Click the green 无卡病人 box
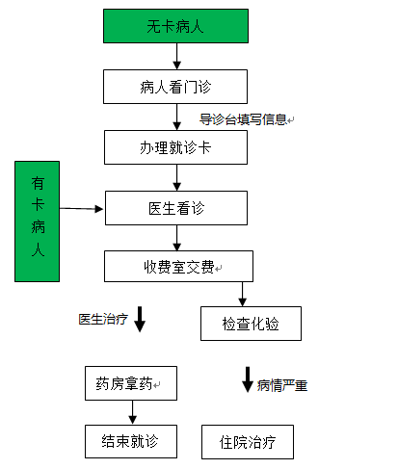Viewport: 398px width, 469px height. click(x=175, y=26)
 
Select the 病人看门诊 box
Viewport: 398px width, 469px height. click(x=175, y=87)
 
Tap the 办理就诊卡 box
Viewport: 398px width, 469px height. click(x=175, y=147)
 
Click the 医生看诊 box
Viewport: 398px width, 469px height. click(x=176, y=208)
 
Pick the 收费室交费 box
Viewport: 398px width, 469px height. click(x=178, y=267)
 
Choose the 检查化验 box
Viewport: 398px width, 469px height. click(x=251, y=324)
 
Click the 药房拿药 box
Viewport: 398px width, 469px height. click(x=131, y=383)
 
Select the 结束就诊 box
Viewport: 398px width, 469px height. click(x=131, y=441)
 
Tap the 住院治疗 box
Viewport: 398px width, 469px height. click(x=248, y=442)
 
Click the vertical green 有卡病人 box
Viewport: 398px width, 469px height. click(x=38, y=221)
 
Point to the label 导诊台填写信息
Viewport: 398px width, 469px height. click(x=243, y=119)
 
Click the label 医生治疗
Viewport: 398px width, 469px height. click(x=103, y=319)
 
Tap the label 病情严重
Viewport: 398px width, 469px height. click(x=282, y=385)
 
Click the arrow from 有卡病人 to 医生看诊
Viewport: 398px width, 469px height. click(x=81, y=209)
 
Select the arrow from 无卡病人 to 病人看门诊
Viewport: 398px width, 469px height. click(x=176, y=56)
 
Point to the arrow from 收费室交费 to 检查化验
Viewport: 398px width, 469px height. click(x=243, y=295)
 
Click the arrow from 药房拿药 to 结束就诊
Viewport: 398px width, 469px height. click(x=133, y=412)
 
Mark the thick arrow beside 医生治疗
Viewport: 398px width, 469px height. click(x=140, y=319)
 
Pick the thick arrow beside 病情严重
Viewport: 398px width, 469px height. click(x=248, y=379)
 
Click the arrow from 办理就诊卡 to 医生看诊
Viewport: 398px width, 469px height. click(x=176, y=177)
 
